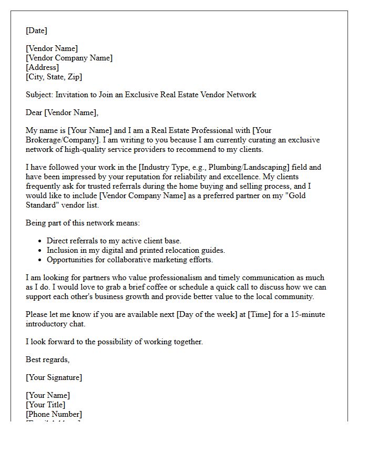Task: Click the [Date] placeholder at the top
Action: (x=36, y=31)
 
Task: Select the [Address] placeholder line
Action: (x=42, y=67)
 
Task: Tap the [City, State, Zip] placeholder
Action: (x=54, y=77)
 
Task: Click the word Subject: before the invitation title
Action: (x=39, y=95)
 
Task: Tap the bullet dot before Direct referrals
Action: (x=40, y=241)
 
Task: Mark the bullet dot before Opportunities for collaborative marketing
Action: (x=40, y=260)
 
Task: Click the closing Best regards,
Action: (x=47, y=359)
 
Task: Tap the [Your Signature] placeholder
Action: (x=54, y=377)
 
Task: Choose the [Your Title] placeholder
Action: (x=46, y=405)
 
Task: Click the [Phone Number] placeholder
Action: (x=55, y=414)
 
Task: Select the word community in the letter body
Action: (x=297, y=296)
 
